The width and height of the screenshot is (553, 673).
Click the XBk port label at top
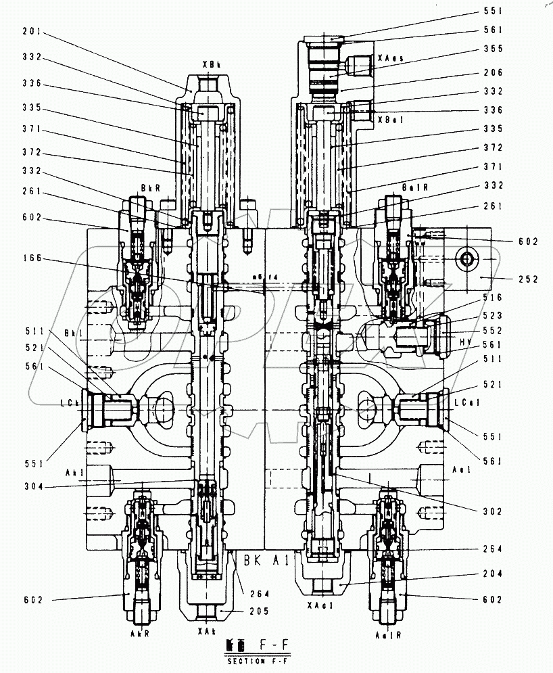coord(210,64)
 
